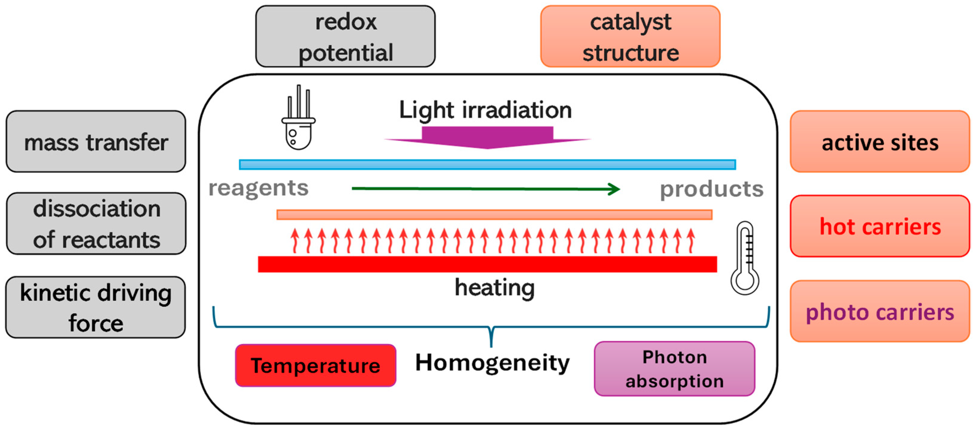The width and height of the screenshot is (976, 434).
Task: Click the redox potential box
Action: [345, 36]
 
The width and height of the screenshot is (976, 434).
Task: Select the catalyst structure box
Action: [630, 36]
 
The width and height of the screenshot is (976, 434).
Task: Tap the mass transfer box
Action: [96, 142]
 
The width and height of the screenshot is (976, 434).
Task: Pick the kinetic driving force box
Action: [95, 307]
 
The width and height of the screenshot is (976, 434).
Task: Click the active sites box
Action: [880, 142]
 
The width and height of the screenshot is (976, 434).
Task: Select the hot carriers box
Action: [880, 226]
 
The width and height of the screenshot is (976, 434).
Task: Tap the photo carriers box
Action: [880, 312]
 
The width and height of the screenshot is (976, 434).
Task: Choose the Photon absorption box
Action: [674, 369]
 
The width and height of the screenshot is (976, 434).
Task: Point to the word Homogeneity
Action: [492, 363]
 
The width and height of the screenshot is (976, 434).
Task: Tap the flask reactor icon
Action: [299, 121]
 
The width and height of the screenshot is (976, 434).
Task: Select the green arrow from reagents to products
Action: [485, 188]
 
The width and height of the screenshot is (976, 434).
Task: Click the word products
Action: [712, 189]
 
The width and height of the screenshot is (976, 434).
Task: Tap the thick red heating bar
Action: [487, 264]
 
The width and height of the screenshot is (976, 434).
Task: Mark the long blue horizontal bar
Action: [487, 164]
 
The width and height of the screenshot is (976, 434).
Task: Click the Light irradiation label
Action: [485, 110]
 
